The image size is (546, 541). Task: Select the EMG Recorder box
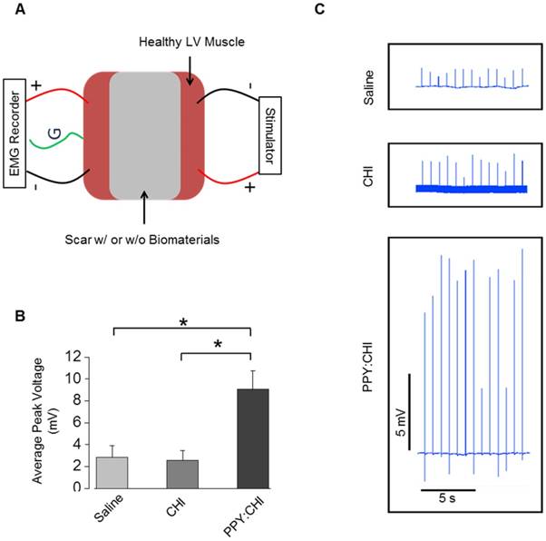(x=15, y=126)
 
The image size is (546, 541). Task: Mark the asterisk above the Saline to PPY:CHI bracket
(x=183, y=322)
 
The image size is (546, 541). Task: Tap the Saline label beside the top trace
(x=371, y=81)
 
